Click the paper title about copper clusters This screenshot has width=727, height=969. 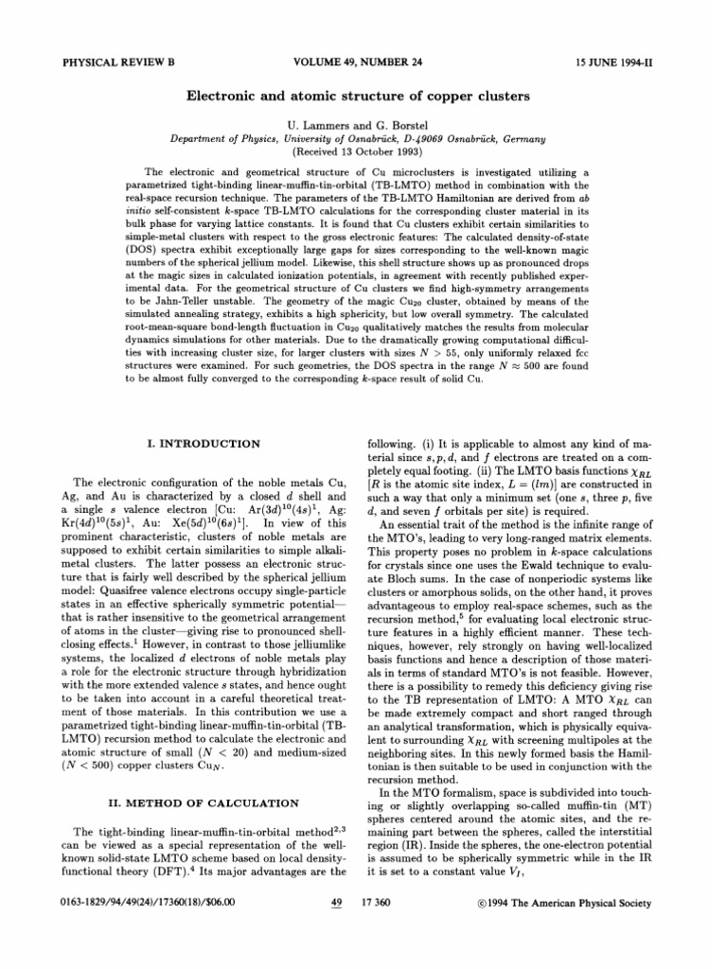click(x=363, y=97)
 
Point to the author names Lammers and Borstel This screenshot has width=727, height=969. click(x=363, y=125)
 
